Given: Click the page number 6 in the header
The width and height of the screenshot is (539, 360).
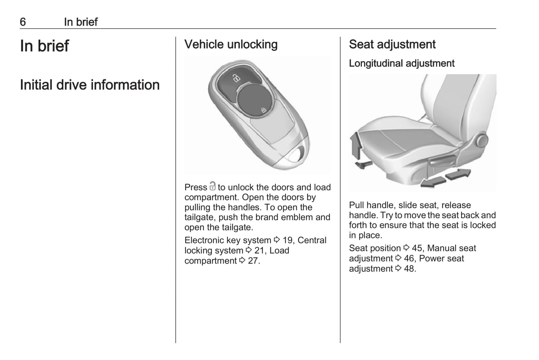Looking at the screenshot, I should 23,22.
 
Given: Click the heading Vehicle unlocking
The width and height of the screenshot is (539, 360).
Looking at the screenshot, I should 231,44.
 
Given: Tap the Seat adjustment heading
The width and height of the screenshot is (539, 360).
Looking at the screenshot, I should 392,44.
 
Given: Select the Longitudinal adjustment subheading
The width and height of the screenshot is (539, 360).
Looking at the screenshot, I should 401,63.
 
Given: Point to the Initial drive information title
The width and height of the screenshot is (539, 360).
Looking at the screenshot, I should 90,85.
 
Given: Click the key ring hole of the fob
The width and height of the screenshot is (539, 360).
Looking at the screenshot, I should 296,154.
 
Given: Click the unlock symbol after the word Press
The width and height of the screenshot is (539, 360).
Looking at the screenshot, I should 212,186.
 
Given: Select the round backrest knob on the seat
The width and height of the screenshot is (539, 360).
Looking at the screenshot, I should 482,141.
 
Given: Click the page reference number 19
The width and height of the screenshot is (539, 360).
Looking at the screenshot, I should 288,240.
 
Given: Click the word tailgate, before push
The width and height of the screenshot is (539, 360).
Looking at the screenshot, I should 199,217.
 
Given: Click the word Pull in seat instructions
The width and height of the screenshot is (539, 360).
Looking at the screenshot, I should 357,205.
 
